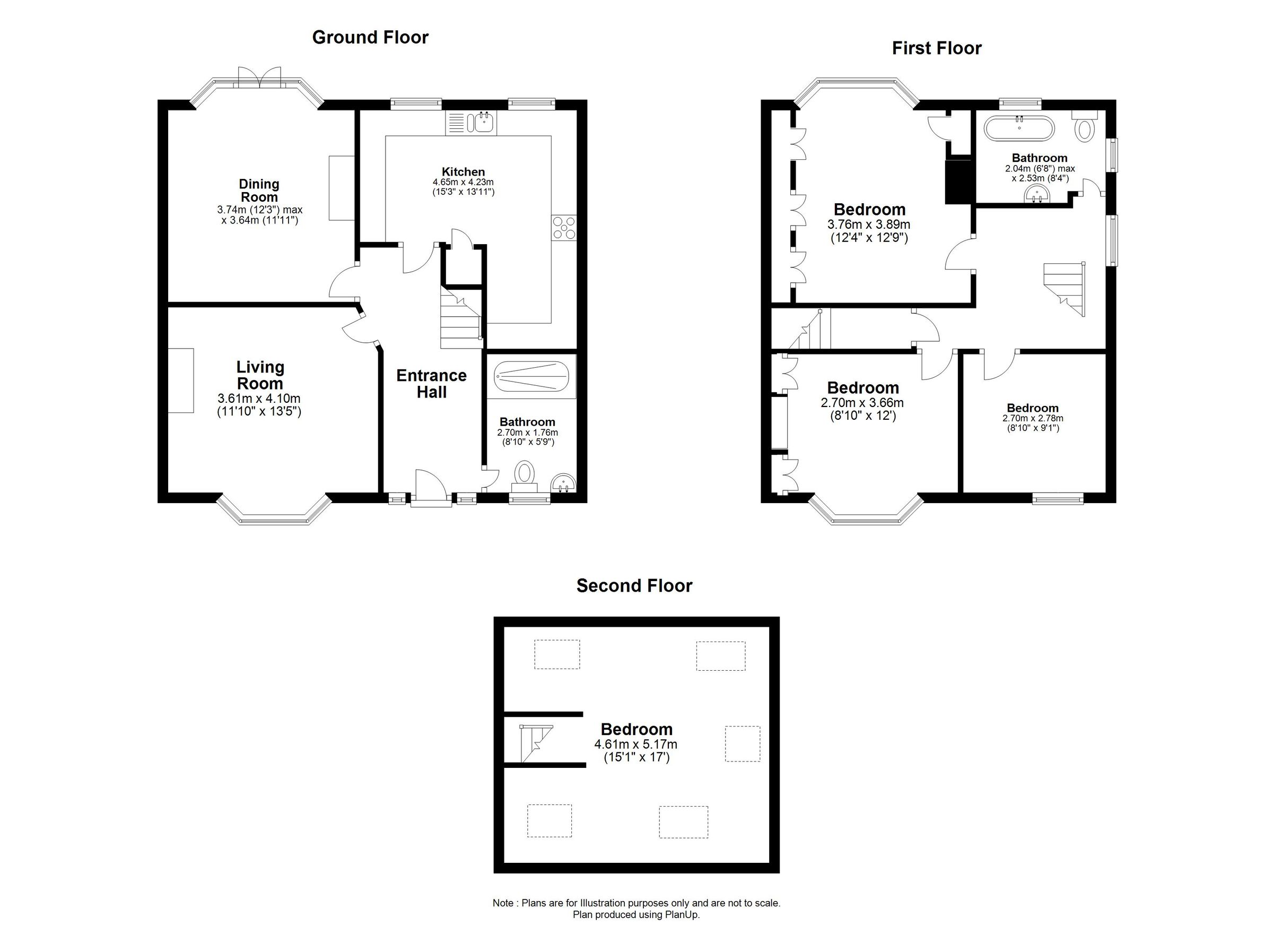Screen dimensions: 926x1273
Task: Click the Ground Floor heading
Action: pyautogui.click(x=370, y=38)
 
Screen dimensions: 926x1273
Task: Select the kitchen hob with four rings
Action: pyautogui.click(x=563, y=228)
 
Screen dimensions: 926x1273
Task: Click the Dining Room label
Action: pyautogui.click(x=259, y=191)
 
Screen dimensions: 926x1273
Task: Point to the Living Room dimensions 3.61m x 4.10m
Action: pyautogui.click(x=259, y=399)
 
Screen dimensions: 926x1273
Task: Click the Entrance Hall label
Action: pyautogui.click(x=431, y=384)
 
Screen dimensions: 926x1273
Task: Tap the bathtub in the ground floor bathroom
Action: pyautogui.click(x=531, y=376)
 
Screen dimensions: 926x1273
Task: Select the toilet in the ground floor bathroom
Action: pyautogui.click(x=525, y=474)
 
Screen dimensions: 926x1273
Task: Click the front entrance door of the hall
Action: pyautogui.click(x=431, y=489)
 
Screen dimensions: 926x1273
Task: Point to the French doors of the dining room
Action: pyautogui.click(x=259, y=77)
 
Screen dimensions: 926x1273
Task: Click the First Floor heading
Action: pyautogui.click(x=936, y=48)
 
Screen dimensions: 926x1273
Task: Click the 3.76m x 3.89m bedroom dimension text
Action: pyautogui.click(x=869, y=224)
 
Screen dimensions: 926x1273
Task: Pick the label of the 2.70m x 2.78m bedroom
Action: pyautogui.click(x=1032, y=408)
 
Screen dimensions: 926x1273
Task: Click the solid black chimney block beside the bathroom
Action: pyautogui.click(x=958, y=181)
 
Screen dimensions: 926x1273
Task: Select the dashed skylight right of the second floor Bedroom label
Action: pyautogui.click(x=742, y=743)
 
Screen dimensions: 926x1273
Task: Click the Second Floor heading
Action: pyautogui.click(x=634, y=586)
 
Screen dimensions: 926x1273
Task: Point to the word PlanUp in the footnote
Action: pyautogui.click(x=682, y=915)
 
